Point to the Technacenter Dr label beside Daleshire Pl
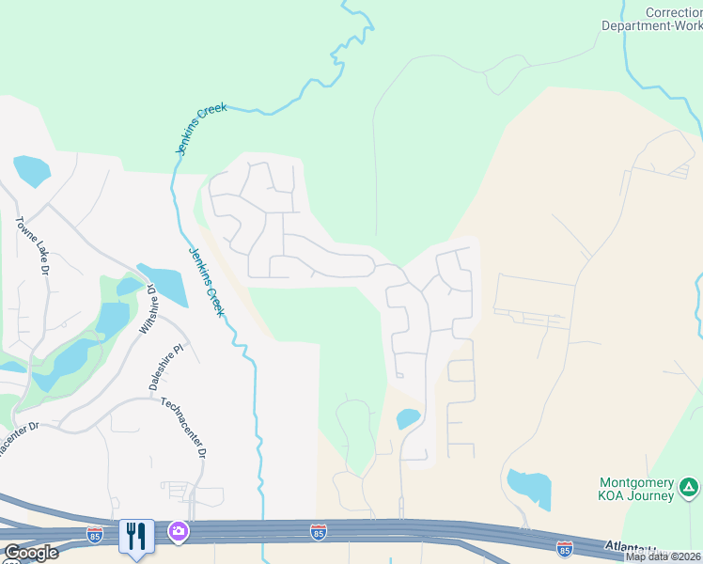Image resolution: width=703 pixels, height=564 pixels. point(183,428)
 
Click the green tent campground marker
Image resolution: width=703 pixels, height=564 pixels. point(690,488)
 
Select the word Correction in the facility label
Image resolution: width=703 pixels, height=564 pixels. point(673,12)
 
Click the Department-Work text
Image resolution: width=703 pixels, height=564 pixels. point(651,26)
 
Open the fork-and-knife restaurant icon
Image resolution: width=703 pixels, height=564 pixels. point(136,537)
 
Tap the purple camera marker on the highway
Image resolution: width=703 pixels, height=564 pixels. point(178,533)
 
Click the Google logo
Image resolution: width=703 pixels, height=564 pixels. point(30,553)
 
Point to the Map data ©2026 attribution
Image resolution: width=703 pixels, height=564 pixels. point(664,556)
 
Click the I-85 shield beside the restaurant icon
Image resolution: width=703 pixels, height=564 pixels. point(95,534)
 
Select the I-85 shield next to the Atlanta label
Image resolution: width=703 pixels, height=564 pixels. point(564,547)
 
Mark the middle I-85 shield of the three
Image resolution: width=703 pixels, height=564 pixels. point(319,532)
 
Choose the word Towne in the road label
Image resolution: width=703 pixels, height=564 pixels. point(24,230)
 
